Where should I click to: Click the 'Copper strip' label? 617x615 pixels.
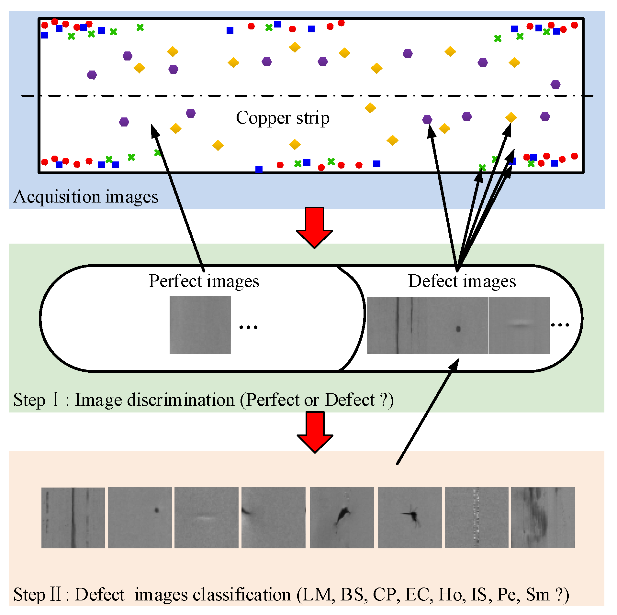pyautogui.click(x=283, y=118)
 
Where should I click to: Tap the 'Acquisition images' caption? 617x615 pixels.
pyautogui.click(x=86, y=197)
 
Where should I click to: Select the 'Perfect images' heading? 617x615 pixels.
pyautogui.click(x=204, y=281)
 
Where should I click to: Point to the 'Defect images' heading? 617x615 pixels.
pyautogui.click(x=462, y=281)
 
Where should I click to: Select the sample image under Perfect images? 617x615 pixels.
pyautogui.click(x=200, y=325)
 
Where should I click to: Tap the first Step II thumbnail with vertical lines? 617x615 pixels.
pyautogui.click(x=73, y=518)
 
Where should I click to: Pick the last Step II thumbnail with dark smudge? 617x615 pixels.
pyautogui.click(x=543, y=518)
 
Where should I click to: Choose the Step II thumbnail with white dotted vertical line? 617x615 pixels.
pyautogui.click(x=476, y=518)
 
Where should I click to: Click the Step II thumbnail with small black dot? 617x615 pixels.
pyautogui.click(x=140, y=518)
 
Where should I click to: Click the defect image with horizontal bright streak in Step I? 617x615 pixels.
pyautogui.click(x=519, y=325)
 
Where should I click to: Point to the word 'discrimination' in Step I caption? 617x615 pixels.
pyautogui.click(x=181, y=400)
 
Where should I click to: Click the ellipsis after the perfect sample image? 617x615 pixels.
pyautogui.click(x=248, y=327)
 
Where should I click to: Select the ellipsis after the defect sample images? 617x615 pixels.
pyautogui.click(x=560, y=325)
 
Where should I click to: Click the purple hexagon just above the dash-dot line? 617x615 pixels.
pyautogui.click(x=555, y=84)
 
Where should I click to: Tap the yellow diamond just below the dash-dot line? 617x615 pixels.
pyautogui.click(x=370, y=108)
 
